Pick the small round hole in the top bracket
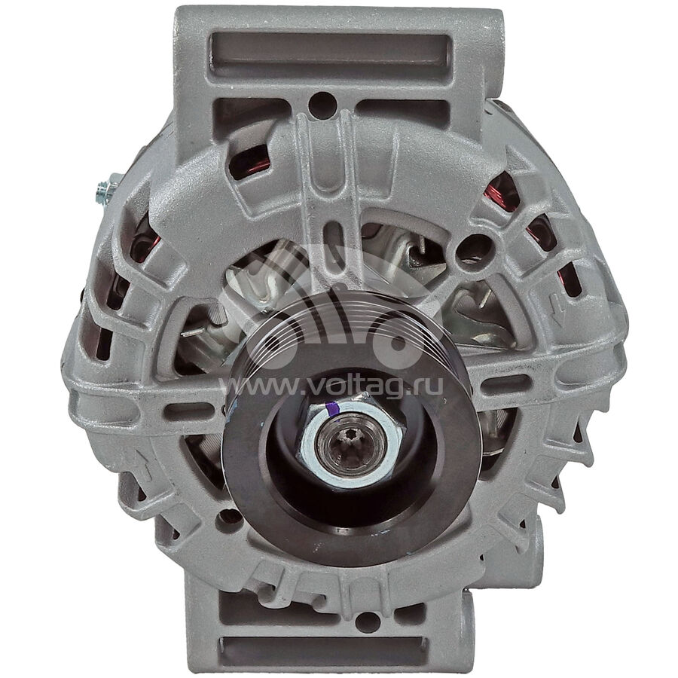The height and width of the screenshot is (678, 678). [323, 104]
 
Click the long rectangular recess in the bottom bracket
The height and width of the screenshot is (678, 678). [323, 650]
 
